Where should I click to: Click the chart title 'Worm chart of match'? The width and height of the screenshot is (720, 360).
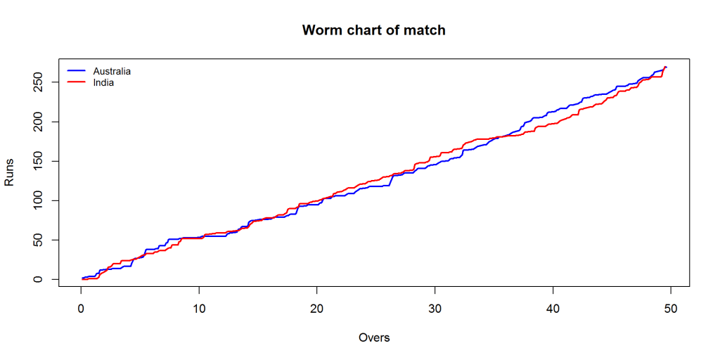pos(373,30)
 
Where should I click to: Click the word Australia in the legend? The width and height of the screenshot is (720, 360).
pos(112,71)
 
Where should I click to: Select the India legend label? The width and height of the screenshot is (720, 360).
pos(103,82)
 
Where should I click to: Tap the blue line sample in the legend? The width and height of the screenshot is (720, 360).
pos(76,71)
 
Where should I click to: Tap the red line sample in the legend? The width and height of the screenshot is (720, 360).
pos(76,82)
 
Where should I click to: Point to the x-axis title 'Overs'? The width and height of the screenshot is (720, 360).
pos(373,337)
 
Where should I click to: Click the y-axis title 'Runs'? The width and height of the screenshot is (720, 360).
pos(10,172)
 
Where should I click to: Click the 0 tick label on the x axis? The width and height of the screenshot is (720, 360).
pos(81,309)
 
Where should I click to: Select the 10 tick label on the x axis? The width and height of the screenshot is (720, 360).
pos(199,309)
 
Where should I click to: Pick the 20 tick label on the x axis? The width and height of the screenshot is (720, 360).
pos(317,309)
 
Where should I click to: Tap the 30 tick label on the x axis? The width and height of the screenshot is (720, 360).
pos(435,309)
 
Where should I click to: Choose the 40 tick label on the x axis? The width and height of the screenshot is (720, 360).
pos(553,309)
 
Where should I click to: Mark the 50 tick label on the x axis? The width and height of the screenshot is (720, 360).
pos(671,309)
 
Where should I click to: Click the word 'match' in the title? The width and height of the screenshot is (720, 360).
pos(425,30)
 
